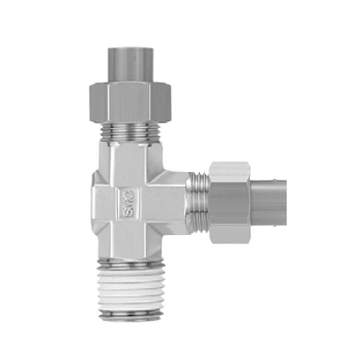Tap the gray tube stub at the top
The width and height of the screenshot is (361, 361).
coord(130,65)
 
